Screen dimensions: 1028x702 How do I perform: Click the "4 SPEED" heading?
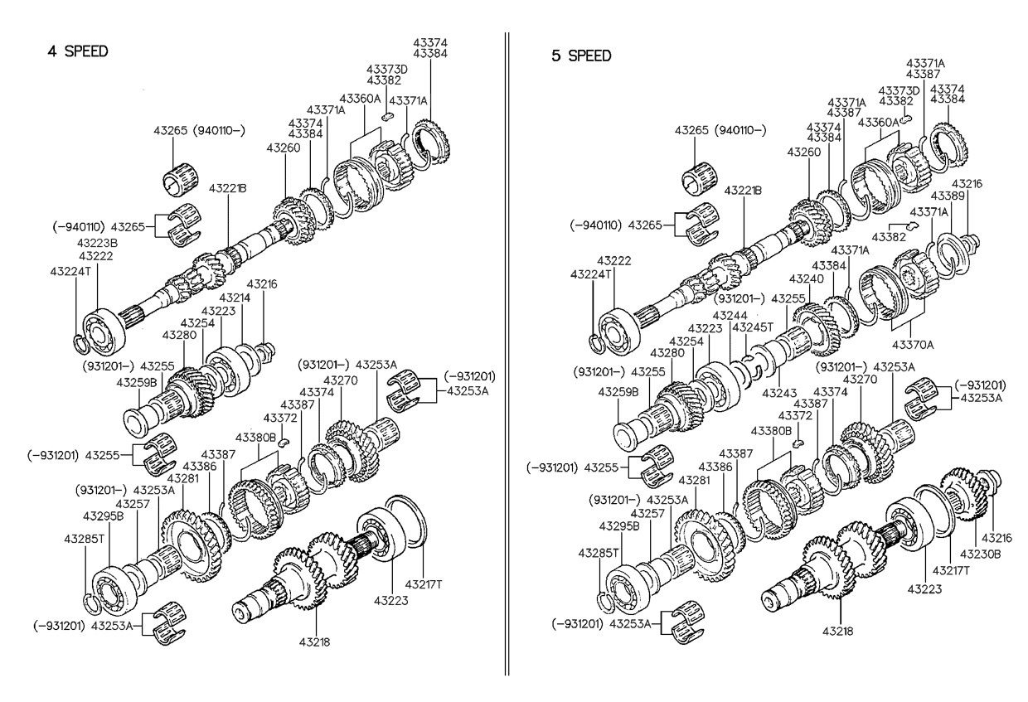click(x=78, y=51)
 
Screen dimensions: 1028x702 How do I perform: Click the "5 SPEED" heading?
click(x=581, y=56)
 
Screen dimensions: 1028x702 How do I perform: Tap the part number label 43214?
click(x=235, y=298)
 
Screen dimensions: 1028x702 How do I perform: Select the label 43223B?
click(x=97, y=243)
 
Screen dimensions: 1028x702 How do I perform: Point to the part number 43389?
click(x=948, y=196)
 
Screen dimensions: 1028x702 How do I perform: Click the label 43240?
click(x=807, y=279)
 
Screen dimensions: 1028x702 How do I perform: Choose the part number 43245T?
click(x=753, y=327)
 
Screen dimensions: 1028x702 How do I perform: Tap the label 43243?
click(x=779, y=393)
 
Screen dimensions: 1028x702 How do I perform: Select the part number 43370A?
click(x=913, y=345)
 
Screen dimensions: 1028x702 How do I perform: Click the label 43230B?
click(x=980, y=554)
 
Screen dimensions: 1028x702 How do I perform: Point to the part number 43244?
click(x=730, y=316)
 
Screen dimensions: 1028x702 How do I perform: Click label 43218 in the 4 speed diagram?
click(x=314, y=642)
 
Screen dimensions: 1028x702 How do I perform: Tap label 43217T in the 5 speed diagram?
click(x=951, y=570)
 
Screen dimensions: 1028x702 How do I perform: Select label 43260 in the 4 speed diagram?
click(x=284, y=148)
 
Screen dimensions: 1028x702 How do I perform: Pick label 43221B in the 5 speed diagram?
click(x=743, y=191)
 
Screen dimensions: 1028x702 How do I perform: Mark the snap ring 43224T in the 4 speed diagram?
click(x=81, y=344)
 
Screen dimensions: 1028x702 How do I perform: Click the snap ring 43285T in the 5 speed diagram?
click(x=607, y=603)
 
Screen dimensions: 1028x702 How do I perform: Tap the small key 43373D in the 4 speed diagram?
click(x=387, y=117)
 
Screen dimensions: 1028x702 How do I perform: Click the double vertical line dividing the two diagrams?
click(x=507, y=353)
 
